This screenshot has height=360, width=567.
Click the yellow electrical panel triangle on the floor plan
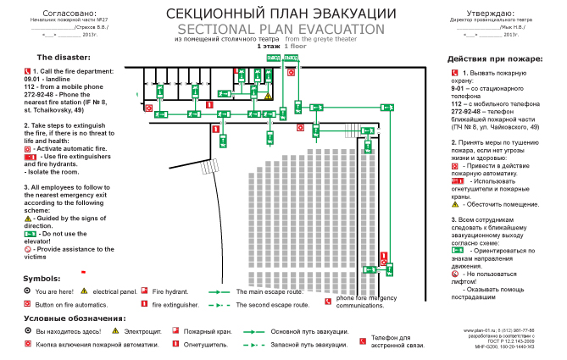(x=268, y=97)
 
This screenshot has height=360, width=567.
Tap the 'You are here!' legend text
(x=57, y=291)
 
